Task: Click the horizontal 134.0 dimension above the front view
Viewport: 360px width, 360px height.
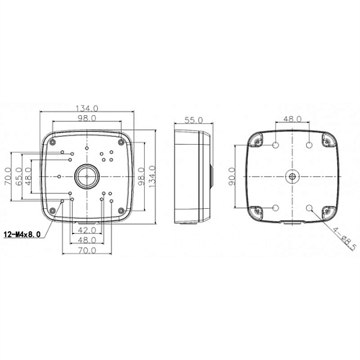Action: point(87,109)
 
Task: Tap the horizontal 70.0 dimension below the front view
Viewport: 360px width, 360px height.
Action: point(87,251)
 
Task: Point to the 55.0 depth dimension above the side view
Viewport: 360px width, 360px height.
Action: point(194,120)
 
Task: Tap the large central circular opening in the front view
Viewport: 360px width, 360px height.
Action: point(87,175)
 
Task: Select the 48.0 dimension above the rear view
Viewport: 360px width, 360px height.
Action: point(292,119)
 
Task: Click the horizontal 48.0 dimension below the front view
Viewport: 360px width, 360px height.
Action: point(87,240)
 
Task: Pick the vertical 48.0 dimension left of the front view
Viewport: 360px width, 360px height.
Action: point(29,175)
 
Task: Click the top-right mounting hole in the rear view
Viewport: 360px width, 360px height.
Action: point(310,146)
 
